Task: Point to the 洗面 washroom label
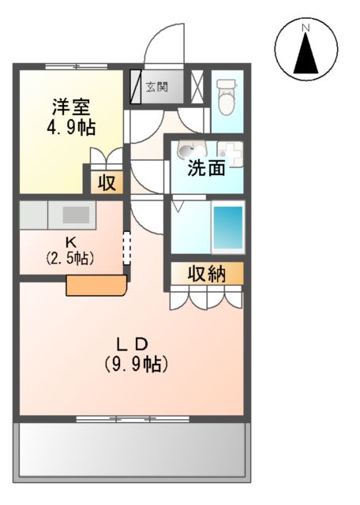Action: (x=206, y=167)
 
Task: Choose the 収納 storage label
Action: (x=207, y=274)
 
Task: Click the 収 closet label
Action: (x=106, y=183)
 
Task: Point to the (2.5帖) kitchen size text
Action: (x=69, y=257)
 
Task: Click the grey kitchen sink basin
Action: (x=76, y=214)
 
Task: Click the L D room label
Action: (x=133, y=344)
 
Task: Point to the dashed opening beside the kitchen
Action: (x=126, y=249)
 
